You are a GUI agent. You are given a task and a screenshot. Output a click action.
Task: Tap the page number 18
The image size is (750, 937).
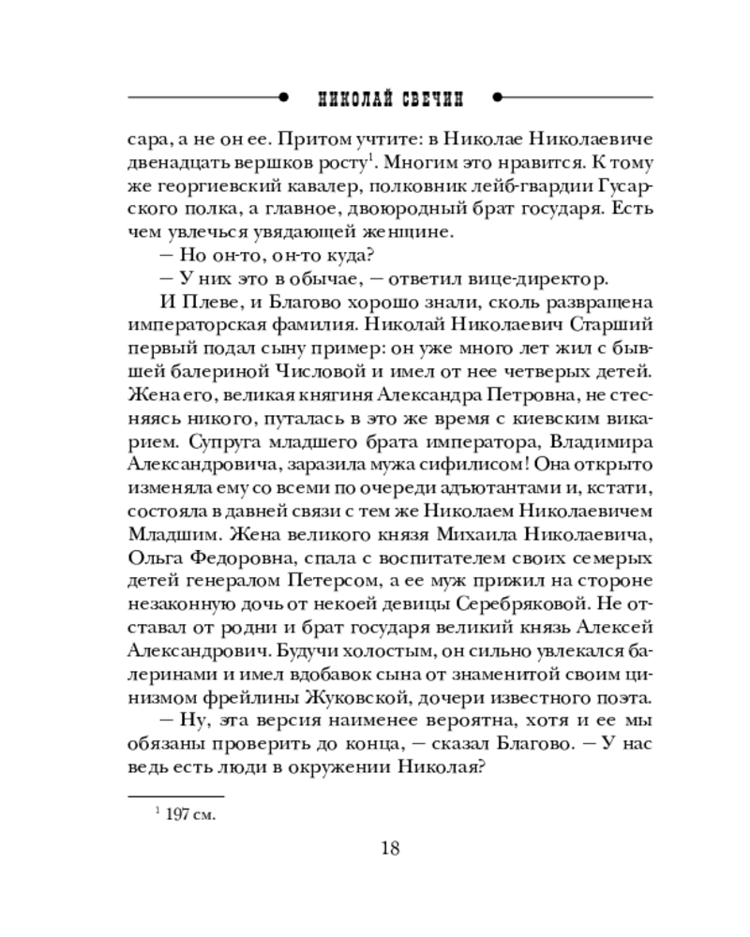tap(391, 849)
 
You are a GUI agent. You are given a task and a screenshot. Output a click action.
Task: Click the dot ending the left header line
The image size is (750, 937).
tap(283, 97)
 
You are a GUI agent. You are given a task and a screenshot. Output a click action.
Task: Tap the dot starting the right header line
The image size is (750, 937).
tap(498, 97)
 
